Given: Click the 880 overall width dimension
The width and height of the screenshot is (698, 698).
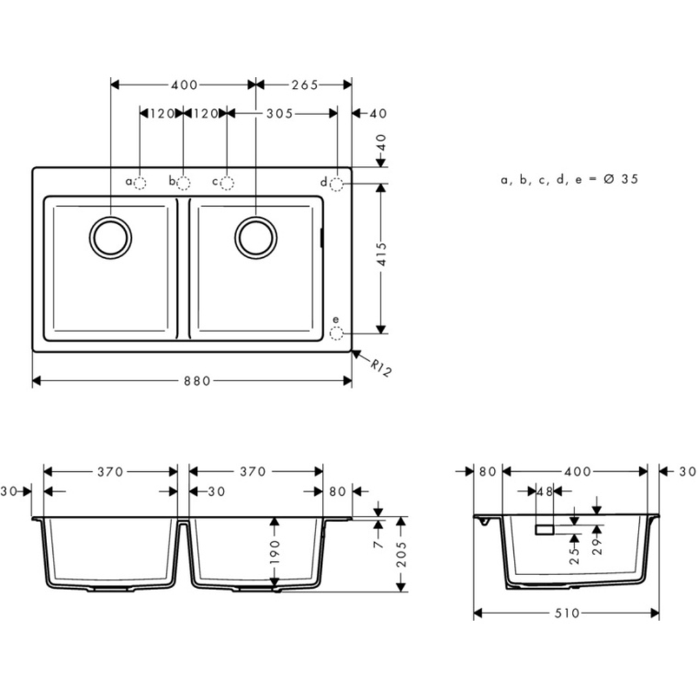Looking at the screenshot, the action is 197,381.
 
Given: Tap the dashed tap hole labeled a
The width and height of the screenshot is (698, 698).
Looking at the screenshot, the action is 140,183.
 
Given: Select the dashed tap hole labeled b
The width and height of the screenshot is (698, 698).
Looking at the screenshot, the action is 184,183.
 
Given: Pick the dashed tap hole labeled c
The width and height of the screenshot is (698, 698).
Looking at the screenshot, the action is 227,183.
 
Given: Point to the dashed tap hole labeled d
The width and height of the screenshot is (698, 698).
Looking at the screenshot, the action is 337,184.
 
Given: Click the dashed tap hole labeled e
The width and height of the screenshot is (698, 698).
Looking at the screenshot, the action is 336,333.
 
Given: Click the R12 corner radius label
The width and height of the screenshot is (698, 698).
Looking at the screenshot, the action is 381,369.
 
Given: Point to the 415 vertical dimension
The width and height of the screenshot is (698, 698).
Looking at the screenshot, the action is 382,254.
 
